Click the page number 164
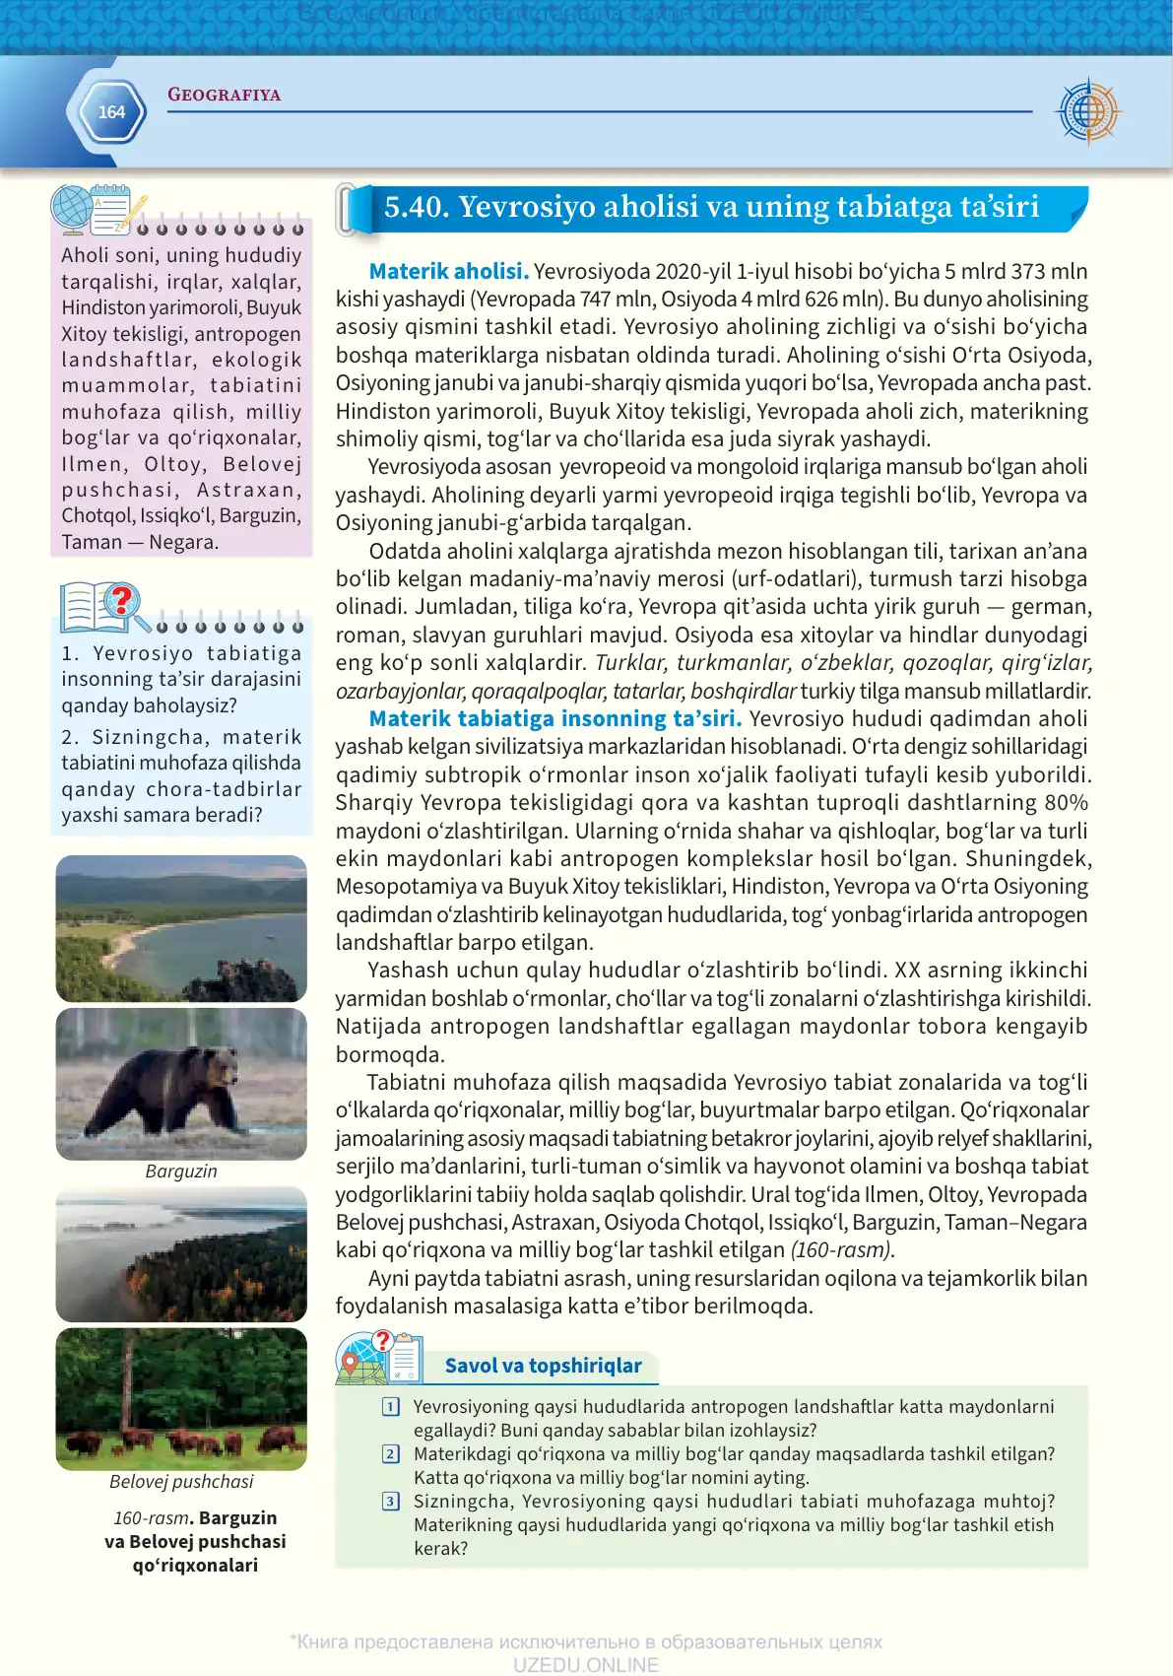point(111,112)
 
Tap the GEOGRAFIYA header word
point(224,95)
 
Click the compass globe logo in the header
point(1087,111)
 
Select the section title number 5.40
point(415,207)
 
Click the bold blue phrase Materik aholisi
point(448,271)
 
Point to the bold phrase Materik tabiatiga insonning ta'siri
point(554,718)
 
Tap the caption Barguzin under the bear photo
point(181,1172)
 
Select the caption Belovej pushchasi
point(181,1482)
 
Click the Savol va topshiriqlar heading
point(543,1366)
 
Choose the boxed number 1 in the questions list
point(391,1407)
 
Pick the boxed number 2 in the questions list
point(391,1454)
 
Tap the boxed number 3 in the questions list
point(391,1502)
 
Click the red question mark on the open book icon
point(122,599)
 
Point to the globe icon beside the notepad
point(72,209)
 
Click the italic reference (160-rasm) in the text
point(842,1250)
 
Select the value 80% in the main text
point(1066,803)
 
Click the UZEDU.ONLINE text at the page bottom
point(585,1664)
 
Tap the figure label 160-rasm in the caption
point(150,1518)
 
